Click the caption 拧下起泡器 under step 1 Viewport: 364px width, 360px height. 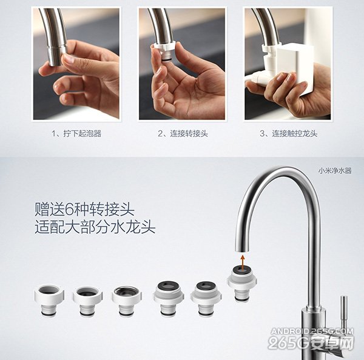pos(83,133)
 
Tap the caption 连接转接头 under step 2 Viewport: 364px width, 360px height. pos(189,133)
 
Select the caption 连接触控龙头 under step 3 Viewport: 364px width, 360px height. pos(295,133)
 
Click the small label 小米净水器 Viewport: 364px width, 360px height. pos(335,171)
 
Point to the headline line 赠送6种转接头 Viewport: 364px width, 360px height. pos(84,210)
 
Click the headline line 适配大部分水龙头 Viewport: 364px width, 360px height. pos(95,227)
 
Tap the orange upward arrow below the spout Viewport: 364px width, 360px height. pos(243,262)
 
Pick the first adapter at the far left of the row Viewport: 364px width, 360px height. pos(50,300)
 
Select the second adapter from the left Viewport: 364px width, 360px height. pos(87,301)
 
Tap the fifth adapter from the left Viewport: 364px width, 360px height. pos(206,299)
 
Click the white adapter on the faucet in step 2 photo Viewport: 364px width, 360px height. pos(164,51)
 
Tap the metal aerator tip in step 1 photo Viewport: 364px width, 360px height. pos(57,56)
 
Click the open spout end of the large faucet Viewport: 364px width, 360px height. pos(242,249)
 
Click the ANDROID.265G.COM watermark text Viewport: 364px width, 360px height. pos(312,331)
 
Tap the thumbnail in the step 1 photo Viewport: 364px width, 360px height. pos(69,58)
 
